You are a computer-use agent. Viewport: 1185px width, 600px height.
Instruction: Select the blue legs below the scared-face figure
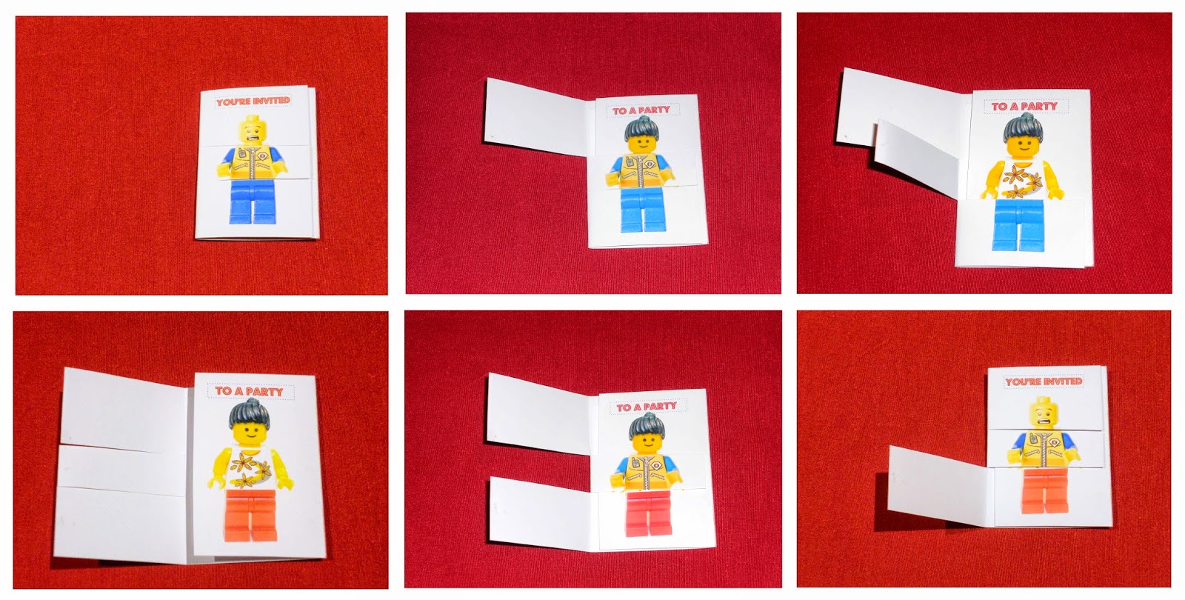253,201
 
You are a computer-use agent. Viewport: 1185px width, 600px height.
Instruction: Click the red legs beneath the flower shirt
250,516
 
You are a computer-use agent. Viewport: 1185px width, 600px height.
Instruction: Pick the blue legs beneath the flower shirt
1018,224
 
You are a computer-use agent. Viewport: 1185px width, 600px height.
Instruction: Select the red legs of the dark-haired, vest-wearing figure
649,513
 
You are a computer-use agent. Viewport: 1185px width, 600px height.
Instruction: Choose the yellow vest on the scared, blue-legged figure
253,162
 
